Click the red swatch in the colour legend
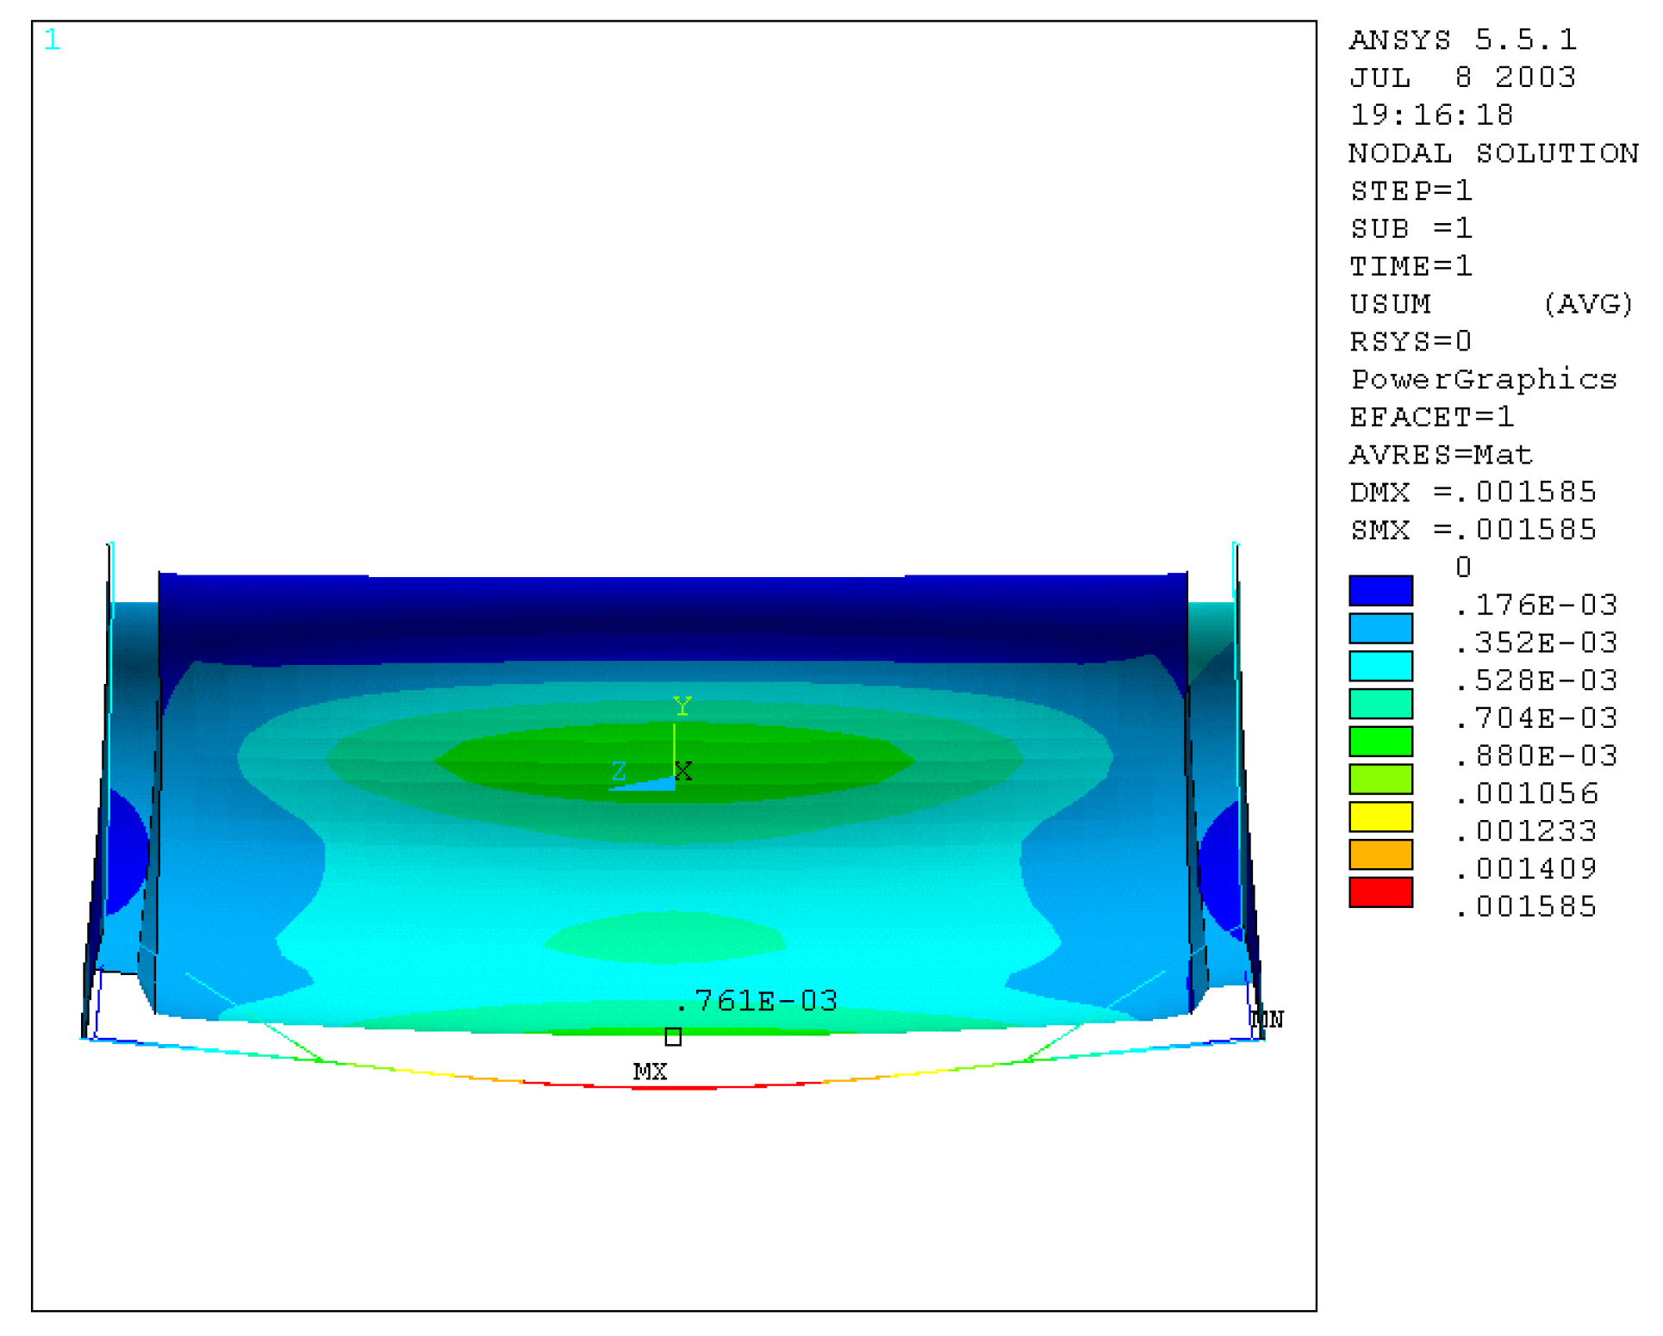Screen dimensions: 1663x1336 (1380, 892)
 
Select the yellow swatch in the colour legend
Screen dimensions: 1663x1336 (1380, 817)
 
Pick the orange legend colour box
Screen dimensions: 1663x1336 (1380, 854)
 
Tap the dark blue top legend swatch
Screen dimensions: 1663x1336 (1380, 591)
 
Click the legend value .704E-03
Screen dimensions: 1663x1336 (1535, 718)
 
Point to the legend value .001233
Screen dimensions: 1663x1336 (1525, 831)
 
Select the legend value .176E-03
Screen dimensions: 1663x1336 (1535, 605)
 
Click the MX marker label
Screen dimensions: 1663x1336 (650, 1072)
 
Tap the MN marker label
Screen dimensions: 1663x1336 (1267, 1019)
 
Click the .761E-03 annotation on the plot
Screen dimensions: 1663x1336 (757, 1000)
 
